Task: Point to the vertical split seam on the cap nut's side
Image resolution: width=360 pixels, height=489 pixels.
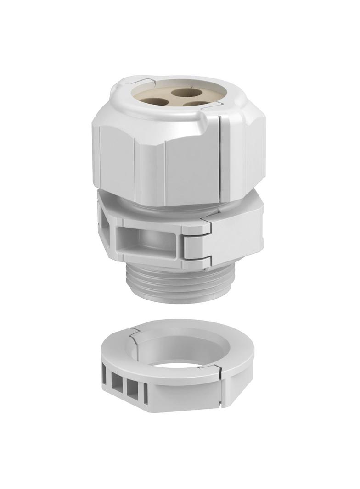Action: click(221, 156)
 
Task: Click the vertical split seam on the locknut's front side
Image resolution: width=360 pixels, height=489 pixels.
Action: click(223, 390)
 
